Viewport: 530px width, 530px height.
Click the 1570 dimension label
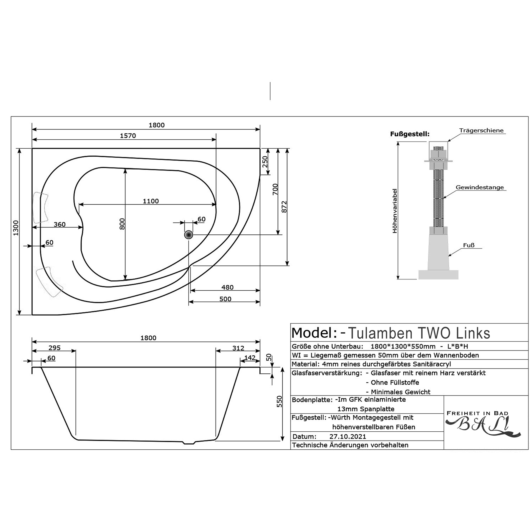click(128, 136)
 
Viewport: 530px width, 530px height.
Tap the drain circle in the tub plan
click(188, 235)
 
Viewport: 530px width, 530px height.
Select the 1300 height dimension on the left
click(16, 228)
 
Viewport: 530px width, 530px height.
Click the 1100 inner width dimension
click(151, 201)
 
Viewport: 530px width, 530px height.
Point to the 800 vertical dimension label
click(122, 224)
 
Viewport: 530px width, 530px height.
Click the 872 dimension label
click(284, 207)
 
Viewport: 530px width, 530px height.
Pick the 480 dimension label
click(227, 287)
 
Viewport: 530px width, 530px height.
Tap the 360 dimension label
click(59, 224)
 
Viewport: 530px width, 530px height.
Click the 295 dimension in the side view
click(54, 348)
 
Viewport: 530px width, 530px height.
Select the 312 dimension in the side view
click(238, 348)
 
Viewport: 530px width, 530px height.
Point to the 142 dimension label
click(250, 357)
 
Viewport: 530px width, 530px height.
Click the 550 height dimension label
click(279, 401)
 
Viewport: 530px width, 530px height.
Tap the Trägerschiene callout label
click(481, 130)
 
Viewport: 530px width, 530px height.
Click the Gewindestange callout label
click(480, 187)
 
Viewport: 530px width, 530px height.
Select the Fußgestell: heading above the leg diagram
click(410, 134)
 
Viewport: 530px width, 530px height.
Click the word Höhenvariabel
click(395, 211)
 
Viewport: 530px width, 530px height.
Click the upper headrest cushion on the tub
click(41, 208)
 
